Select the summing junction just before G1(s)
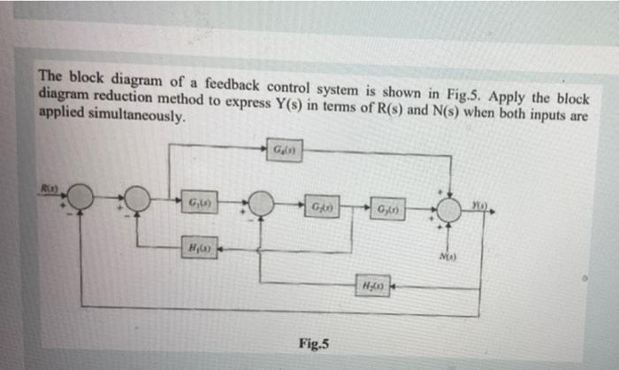[x=137, y=199]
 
